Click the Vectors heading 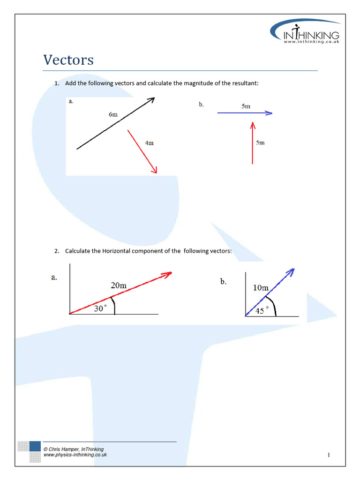tap(68, 60)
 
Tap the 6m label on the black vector tap(113, 114)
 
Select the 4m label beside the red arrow tap(149, 143)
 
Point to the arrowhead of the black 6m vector tap(151, 99)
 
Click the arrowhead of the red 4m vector tap(154, 171)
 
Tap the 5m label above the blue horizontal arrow tap(246, 106)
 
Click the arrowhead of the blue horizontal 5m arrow tap(269, 113)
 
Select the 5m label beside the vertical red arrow tap(260, 142)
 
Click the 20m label tap(119, 285)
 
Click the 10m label tap(261, 288)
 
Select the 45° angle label tap(262, 310)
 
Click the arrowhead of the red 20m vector tap(168, 274)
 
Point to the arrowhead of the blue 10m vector tap(291, 271)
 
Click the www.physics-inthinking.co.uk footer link tap(75, 455)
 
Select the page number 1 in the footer tap(329, 455)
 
